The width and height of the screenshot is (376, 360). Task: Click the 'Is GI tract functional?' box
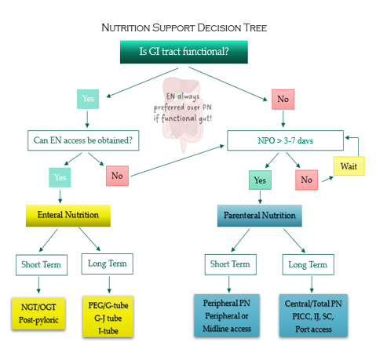(184, 52)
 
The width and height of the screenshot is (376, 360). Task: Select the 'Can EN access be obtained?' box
(83, 140)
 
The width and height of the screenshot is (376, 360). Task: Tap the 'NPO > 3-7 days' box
(285, 140)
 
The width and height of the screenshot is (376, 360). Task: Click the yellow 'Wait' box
(349, 166)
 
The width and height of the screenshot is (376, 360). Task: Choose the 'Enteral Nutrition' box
(68, 216)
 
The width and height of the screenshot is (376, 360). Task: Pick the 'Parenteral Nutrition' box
(260, 216)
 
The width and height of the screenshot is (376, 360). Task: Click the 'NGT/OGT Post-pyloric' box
(38, 314)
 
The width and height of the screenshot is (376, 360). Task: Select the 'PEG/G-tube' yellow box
(108, 317)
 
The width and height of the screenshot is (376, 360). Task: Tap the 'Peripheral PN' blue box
(227, 315)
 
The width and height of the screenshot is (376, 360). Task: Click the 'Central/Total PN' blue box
(313, 315)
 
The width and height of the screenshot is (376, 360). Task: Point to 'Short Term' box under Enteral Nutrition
(42, 265)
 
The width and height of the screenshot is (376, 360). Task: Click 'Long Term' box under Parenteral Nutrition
(308, 264)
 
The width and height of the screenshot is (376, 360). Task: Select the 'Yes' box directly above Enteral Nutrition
(60, 177)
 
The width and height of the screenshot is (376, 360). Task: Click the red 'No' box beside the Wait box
(307, 180)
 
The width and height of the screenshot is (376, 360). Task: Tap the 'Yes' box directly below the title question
(88, 99)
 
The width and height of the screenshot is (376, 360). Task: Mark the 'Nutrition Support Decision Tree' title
(184, 27)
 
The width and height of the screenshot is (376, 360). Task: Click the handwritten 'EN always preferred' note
(183, 107)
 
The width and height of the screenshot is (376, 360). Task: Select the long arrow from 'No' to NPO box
(177, 161)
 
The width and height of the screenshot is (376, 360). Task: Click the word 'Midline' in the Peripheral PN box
(214, 329)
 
